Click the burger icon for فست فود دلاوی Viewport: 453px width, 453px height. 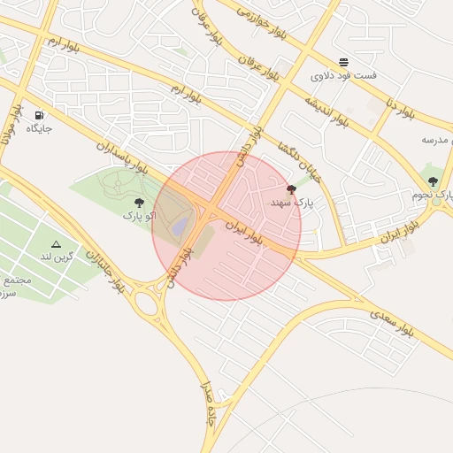coord(343,62)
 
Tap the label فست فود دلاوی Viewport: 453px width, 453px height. coord(343,76)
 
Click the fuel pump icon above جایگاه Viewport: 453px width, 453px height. coord(39,116)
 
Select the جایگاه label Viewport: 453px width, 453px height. coord(39,129)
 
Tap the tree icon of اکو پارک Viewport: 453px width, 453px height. coord(139,203)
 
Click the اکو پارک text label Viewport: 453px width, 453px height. coord(139,215)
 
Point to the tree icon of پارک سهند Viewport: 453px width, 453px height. coord(291,189)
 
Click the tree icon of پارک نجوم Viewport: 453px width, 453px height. coord(433,181)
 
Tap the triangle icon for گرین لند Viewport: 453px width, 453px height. coord(57,243)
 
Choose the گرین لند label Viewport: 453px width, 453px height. coord(57,256)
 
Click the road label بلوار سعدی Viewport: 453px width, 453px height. coord(391,322)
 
